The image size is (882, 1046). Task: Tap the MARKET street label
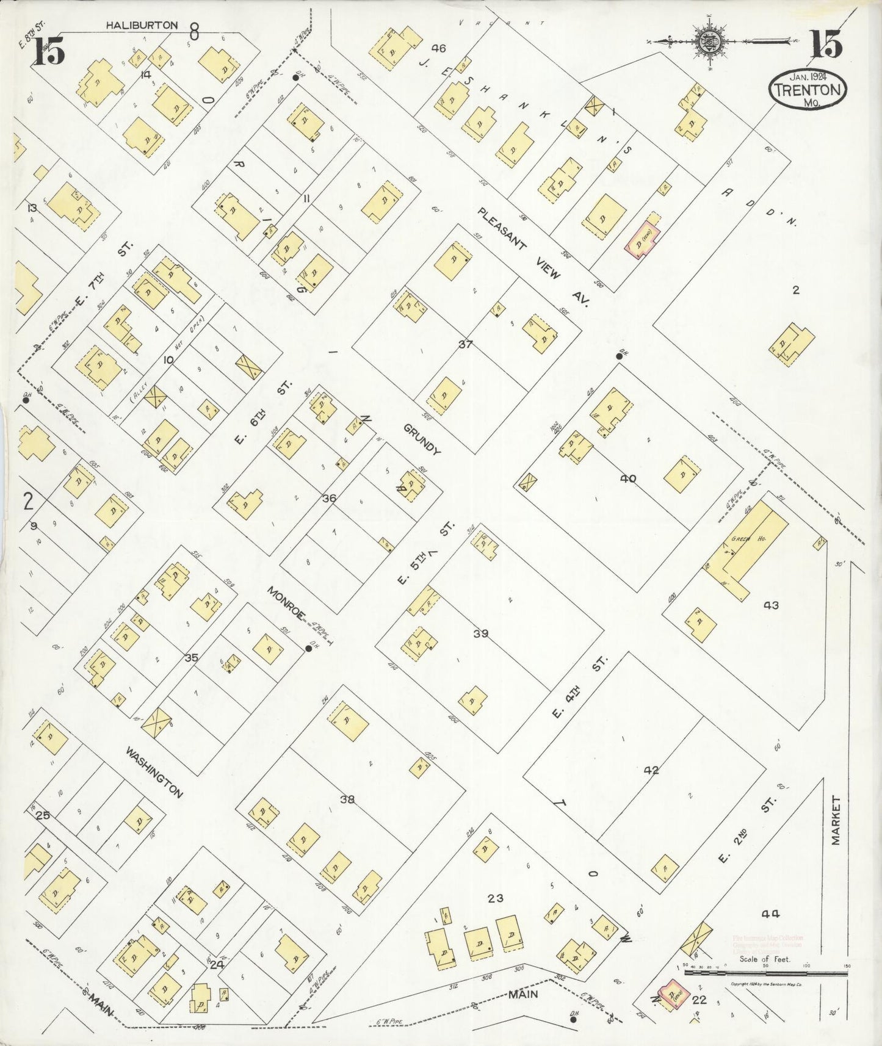pos(836,820)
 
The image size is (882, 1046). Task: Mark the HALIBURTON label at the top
pos(142,25)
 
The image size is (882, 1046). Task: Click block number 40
pos(627,478)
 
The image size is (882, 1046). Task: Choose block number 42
pos(651,770)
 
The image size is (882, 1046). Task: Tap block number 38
pos(347,799)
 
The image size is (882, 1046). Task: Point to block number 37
pos(465,344)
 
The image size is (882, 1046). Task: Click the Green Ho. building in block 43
pos(748,543)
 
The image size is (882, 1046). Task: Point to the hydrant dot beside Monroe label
pos(309,649)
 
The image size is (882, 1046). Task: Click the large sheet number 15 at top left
pos(49,51)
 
